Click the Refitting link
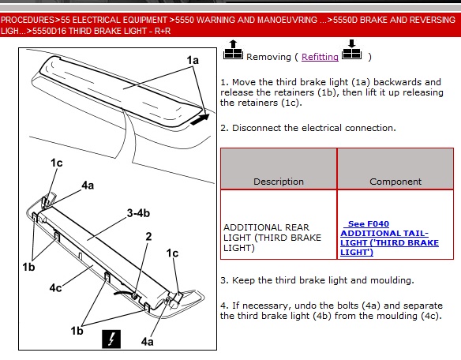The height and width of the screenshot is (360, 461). pyautogui.click(x=320, y=57)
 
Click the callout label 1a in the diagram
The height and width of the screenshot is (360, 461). pyautogui.click(x=193, y=60)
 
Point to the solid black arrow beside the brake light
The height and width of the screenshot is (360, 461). pyautogui.click(x=200, y=119)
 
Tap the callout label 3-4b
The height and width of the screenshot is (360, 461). pyautogui.click(x=138, y=213)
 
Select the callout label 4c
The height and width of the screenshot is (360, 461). pyautogui.click(x=55, y=287)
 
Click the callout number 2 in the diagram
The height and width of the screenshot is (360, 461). pyautogui.click(x=148, y=237)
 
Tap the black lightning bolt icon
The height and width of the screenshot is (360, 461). pyautogui.click(x=111, y=339)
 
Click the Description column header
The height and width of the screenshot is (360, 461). pyautogui.click(x=279, y=182)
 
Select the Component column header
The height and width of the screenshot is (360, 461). pyautogui.click(x=395, y=182)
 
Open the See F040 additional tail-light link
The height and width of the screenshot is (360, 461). pyautogui.click(x=389, y=238)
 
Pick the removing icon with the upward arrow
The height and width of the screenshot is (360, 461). pyautogui.click(x=233, y=50)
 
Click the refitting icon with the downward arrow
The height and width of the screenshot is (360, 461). pyautogui.click(x=351, y=50)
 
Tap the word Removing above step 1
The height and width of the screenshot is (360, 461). pyautogui.click(x=268, y=57)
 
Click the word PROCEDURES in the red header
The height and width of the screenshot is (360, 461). pyautogui.click(x=28, y=20)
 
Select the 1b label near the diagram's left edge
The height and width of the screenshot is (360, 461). pyautogui.click(x=28, y=267)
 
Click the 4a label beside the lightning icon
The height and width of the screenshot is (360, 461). pyautogui.click(x=147, y=342)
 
